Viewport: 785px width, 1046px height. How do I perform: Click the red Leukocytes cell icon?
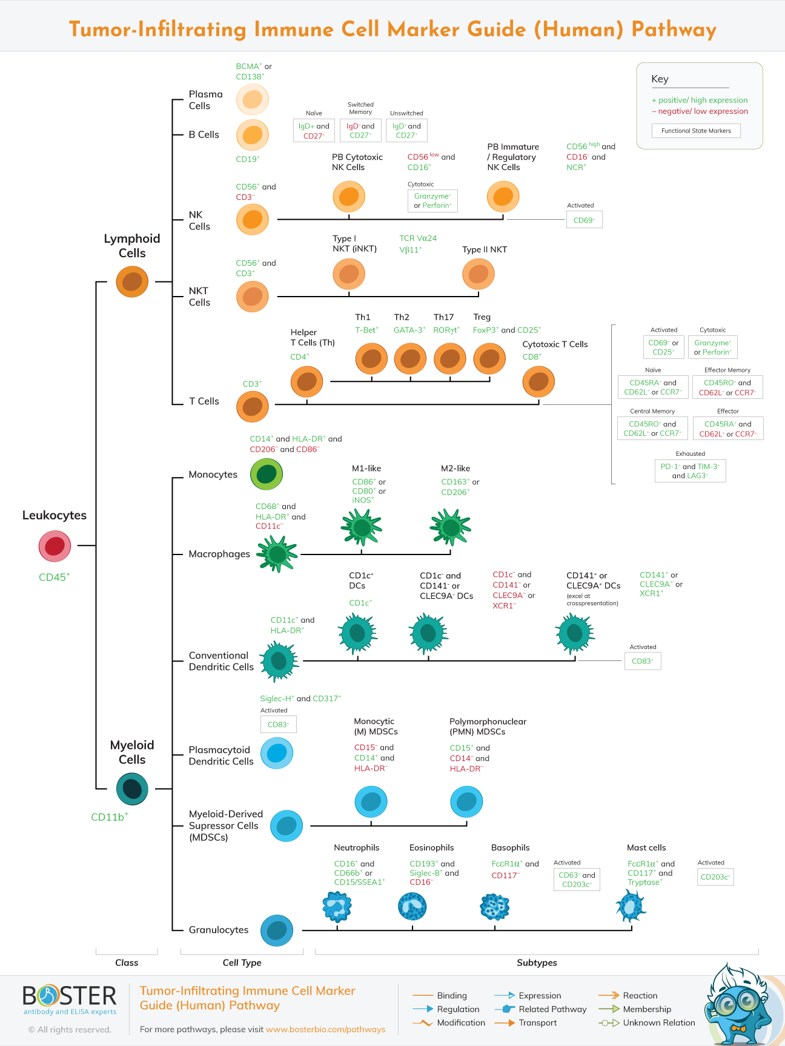55,546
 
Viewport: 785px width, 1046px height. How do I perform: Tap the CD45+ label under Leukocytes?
55,577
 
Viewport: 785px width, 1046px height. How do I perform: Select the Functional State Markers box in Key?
696,131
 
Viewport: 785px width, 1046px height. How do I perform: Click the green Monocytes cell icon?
267,474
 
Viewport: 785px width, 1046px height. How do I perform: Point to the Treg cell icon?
489,359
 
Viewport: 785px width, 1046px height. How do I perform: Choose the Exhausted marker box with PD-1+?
690,471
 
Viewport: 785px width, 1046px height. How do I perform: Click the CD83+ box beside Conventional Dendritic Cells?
642,661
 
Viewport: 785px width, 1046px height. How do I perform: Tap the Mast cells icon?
631,906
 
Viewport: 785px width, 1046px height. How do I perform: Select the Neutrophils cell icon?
337,906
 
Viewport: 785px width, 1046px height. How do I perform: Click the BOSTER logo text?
69,996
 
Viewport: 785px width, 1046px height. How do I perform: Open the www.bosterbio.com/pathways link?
325,1029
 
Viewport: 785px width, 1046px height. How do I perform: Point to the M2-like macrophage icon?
450,527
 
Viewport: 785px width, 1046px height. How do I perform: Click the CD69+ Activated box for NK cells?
584,220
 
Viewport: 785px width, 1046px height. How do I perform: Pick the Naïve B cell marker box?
314,131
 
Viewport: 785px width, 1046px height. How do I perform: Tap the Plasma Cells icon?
252,99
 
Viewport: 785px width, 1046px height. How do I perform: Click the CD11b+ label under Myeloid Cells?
110,817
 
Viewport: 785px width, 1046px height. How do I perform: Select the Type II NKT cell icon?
478,274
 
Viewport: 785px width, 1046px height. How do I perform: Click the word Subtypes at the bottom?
537,962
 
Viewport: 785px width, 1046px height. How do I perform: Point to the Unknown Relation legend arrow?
609,1023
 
